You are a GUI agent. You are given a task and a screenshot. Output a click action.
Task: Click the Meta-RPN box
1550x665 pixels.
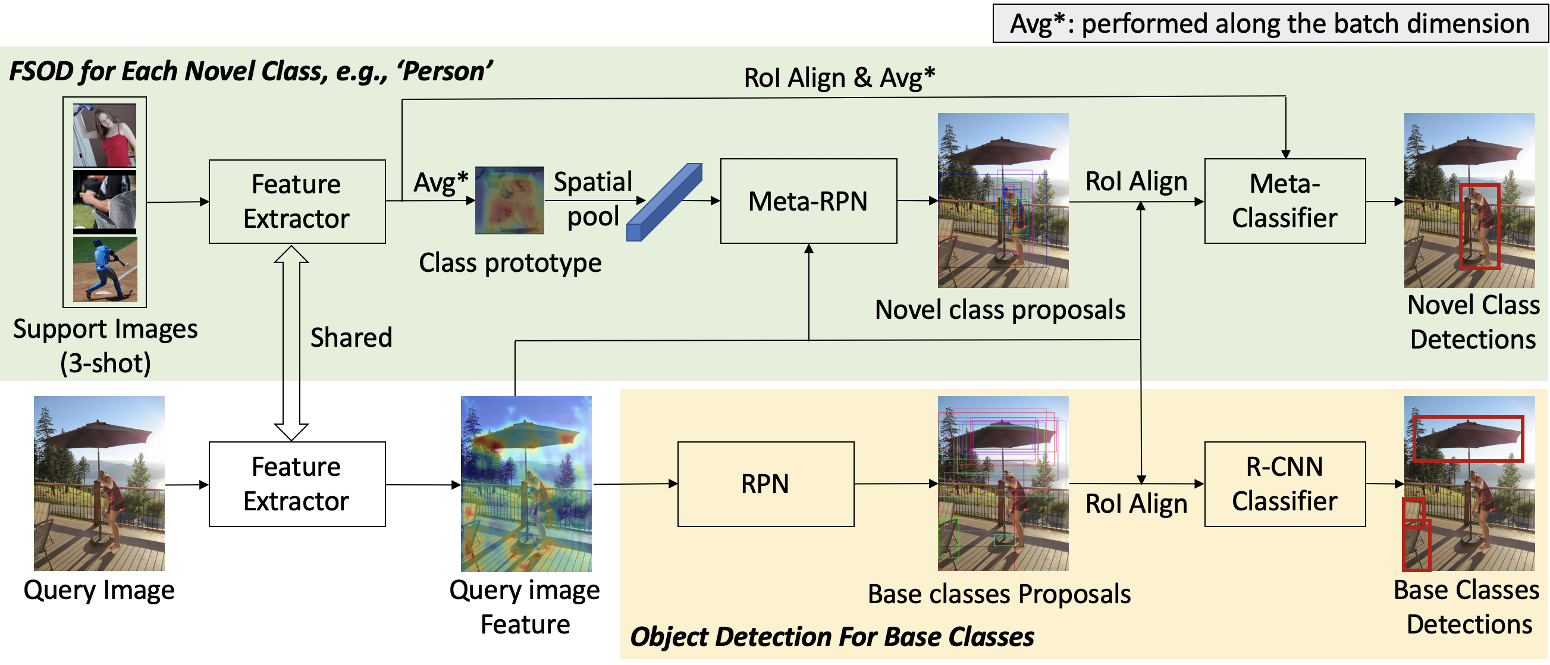[808, 201]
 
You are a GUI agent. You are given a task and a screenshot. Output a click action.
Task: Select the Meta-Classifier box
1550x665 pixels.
[1284, 201]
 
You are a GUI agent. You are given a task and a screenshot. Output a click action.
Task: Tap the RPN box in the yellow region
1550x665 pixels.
[765, 484]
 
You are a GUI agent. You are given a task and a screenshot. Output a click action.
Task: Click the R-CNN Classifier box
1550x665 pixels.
[1284, 484]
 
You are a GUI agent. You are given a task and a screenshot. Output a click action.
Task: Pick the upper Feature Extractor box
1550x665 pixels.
[297, 201]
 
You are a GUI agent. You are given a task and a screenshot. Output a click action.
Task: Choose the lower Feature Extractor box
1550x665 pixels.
[297, 484]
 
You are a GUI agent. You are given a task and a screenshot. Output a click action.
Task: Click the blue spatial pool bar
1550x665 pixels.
[664, 203]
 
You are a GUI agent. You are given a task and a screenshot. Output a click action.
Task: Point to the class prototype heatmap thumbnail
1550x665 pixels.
[509, 200]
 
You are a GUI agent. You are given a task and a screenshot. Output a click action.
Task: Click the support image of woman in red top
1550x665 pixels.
[105, 135]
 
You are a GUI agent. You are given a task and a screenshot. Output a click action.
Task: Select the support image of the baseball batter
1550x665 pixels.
[105, 268]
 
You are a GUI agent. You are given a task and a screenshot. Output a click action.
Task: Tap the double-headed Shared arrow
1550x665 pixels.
[291, 343]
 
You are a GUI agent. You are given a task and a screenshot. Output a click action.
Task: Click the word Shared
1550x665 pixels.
[351, 338]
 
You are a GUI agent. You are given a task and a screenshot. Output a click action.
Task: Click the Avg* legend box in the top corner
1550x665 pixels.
[1269, 23]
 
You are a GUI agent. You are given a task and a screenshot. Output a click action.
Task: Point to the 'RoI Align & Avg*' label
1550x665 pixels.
[839, 78]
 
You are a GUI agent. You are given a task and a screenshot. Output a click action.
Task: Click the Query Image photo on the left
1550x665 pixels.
[99, 482]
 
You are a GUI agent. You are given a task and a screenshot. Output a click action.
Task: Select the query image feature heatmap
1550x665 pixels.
[526, 483]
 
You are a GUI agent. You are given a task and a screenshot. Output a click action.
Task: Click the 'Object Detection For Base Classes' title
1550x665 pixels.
[832, 636]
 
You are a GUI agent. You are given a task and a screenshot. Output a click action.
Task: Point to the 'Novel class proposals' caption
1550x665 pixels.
[999, 310]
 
